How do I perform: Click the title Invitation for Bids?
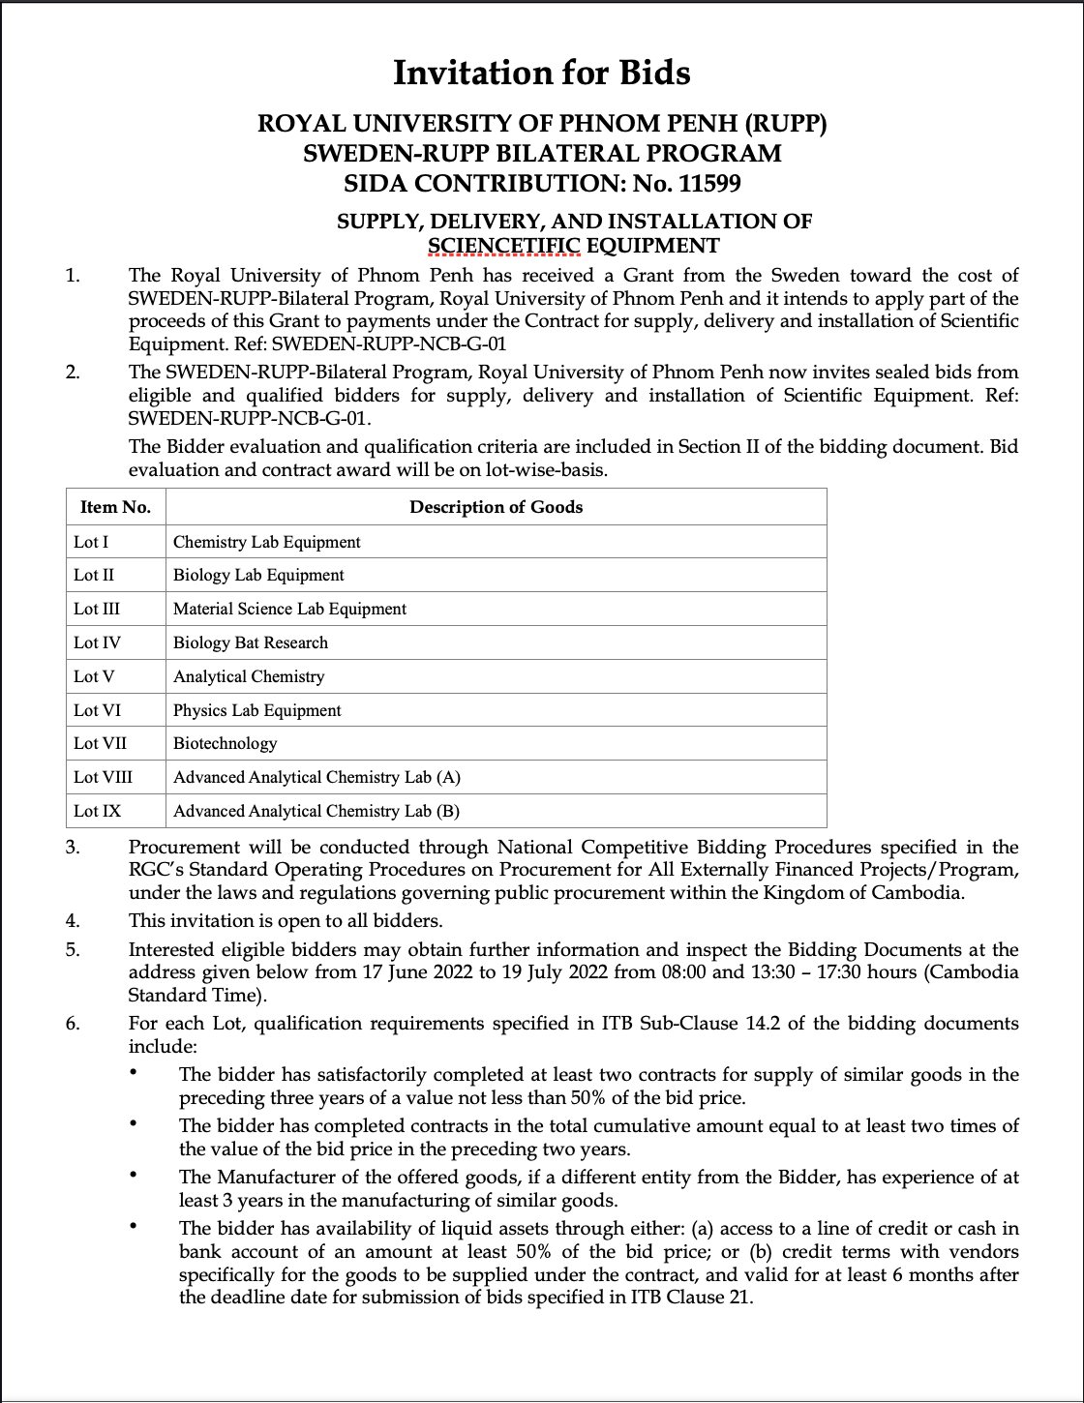pos(541,73)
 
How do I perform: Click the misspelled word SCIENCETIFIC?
pos(503,246)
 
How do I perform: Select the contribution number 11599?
pos(710,183)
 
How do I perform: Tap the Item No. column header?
pos(115,507)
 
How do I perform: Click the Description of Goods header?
pos(496,507)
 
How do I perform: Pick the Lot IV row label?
pos(97,642)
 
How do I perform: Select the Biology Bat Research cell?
pos(251,642)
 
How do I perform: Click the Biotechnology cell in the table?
pos(225,743)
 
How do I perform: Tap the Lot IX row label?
pos(97,811)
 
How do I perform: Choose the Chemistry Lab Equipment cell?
pos(266,542)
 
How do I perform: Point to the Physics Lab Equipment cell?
pos(256,710)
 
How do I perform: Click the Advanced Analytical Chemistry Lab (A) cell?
pos(316,777)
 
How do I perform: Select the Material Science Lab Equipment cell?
pos(289,609)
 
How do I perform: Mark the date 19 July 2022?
pos(556,972)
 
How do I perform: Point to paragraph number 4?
pos(73,920)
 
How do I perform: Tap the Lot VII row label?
pos(100,743)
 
